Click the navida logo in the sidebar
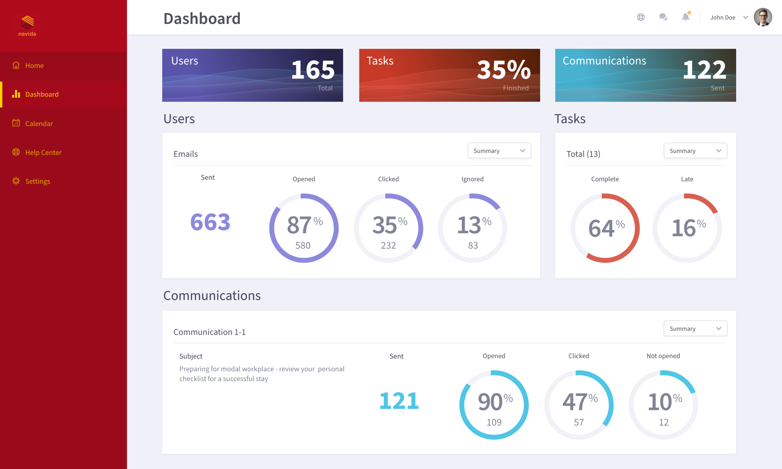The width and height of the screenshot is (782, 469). [x=27, y=25]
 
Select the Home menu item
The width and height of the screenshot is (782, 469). [x=34, y=65]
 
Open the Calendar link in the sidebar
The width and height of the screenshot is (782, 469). [x=39, y=123]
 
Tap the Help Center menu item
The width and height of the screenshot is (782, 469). [x=43, y=152]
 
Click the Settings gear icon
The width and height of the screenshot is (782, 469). [x=16, y=181]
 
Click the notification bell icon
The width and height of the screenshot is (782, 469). [x=685, y=17]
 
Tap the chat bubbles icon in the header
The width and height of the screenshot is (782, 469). [x=663, y=17]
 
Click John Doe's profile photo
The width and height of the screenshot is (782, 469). [x=763, y=17]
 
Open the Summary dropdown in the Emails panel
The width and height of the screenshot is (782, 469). [x=499, y=151]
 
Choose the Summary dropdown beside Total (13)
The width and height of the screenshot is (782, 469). [x=695, y=151]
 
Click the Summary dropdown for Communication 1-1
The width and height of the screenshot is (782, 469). [x=695, y=329]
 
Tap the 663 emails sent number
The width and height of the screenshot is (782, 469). [x=210, y=222]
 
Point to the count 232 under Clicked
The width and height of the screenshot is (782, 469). [x=388, y=245]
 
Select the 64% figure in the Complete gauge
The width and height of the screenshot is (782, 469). [x=606, y=228]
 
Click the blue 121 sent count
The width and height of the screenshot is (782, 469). [x=399, y=401]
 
